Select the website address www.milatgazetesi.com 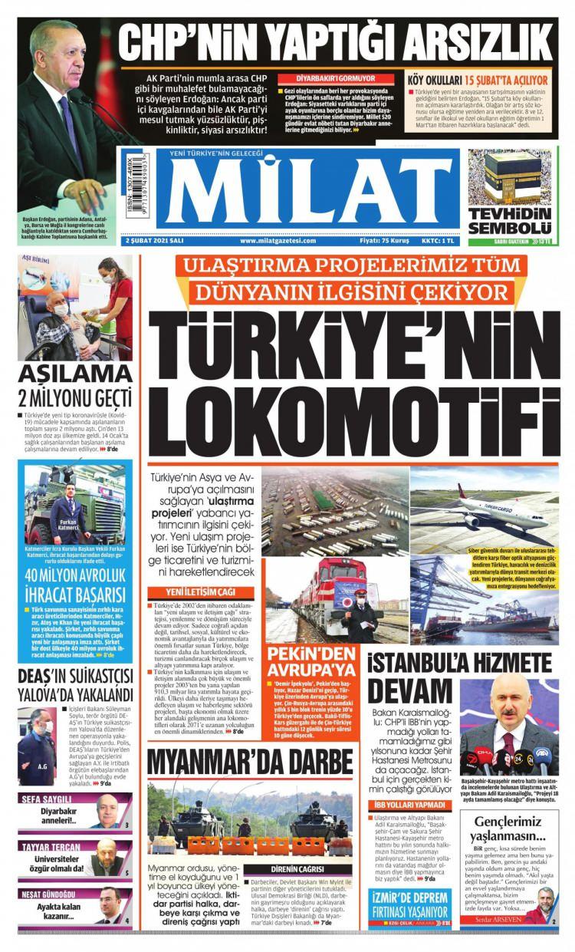279,241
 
